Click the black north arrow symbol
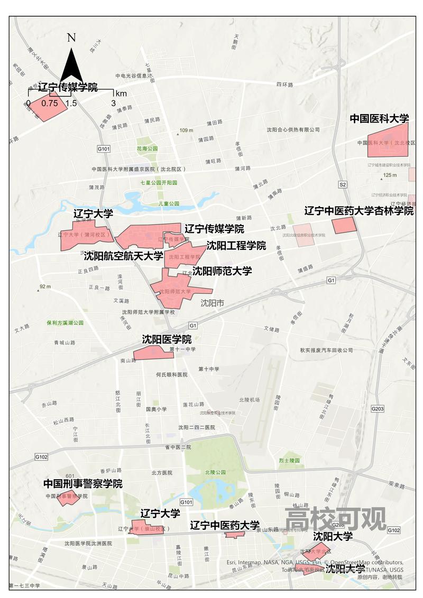[x=72, y=66]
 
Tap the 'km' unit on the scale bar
[x=121, y=94]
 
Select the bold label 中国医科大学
[x=380, y=118]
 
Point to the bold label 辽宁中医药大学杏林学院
[x=359, y=211]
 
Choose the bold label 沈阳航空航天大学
[x=124, y=256]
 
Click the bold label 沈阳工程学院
[x=236, y=246]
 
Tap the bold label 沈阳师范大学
[x=222, y=271]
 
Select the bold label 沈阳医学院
[x=167, y=339]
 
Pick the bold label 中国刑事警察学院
[x=82, y=483]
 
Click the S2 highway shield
[x=343, y=184]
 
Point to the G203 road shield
[x=378, y=408]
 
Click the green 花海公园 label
[x=146, y=148]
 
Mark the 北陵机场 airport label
[x=249, y=399]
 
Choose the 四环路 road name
[x=284, y=84]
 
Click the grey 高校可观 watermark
[x=335, y=519]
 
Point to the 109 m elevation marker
[x=186, y=130]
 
